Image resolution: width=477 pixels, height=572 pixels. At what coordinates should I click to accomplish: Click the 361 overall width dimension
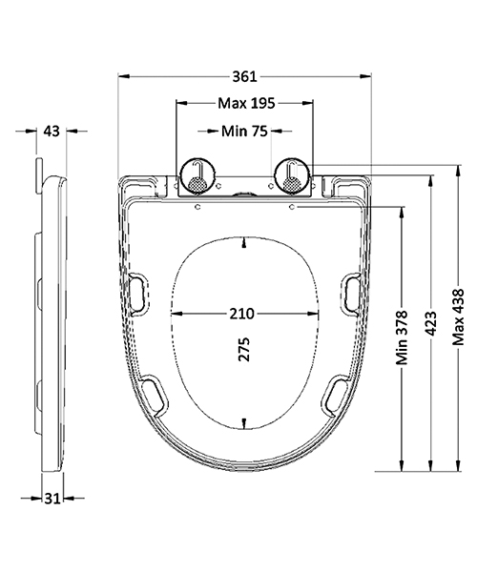[246, 74]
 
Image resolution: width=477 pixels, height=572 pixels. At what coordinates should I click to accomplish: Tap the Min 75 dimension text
[243, 131]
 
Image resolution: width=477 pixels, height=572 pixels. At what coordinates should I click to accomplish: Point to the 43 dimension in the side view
[53, 131]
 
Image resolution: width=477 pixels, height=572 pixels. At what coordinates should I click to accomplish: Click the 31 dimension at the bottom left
[52, 497]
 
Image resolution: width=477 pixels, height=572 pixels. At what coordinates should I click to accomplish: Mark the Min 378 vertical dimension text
[403, 338]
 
